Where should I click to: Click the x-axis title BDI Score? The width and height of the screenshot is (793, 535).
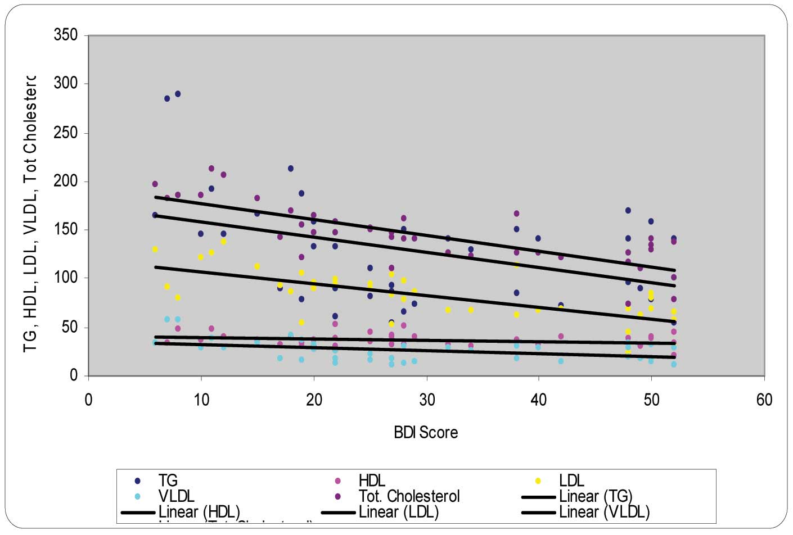click(426, 432)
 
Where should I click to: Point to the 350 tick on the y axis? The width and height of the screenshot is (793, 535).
click(65, 35)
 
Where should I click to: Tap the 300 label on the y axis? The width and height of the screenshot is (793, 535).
click(65, 84)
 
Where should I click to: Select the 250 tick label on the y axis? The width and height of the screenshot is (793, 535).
click(65, 133)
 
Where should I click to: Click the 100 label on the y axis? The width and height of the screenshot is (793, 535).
click(65, 278)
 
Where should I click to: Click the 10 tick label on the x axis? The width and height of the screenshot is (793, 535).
click(201, 400)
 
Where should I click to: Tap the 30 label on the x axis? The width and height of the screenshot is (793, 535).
click(427, 400)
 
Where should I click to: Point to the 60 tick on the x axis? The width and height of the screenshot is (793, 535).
click(764, 400)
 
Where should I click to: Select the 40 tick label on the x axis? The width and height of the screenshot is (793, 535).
click(539, 400)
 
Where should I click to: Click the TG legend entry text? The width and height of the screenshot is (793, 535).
click(168, 480)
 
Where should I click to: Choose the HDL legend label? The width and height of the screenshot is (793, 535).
click(372, 480)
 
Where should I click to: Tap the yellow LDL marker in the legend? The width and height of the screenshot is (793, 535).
click(538, 480)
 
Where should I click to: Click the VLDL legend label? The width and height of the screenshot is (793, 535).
click(176, 496)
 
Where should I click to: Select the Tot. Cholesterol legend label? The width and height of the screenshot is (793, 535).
click(409, 496)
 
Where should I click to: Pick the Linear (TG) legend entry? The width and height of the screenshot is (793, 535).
click(596, 496)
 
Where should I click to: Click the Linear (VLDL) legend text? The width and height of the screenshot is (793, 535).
click(604, 512)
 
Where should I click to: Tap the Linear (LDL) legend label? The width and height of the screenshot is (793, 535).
click(398, 512)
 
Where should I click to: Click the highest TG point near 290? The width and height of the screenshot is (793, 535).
click(178, 94)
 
